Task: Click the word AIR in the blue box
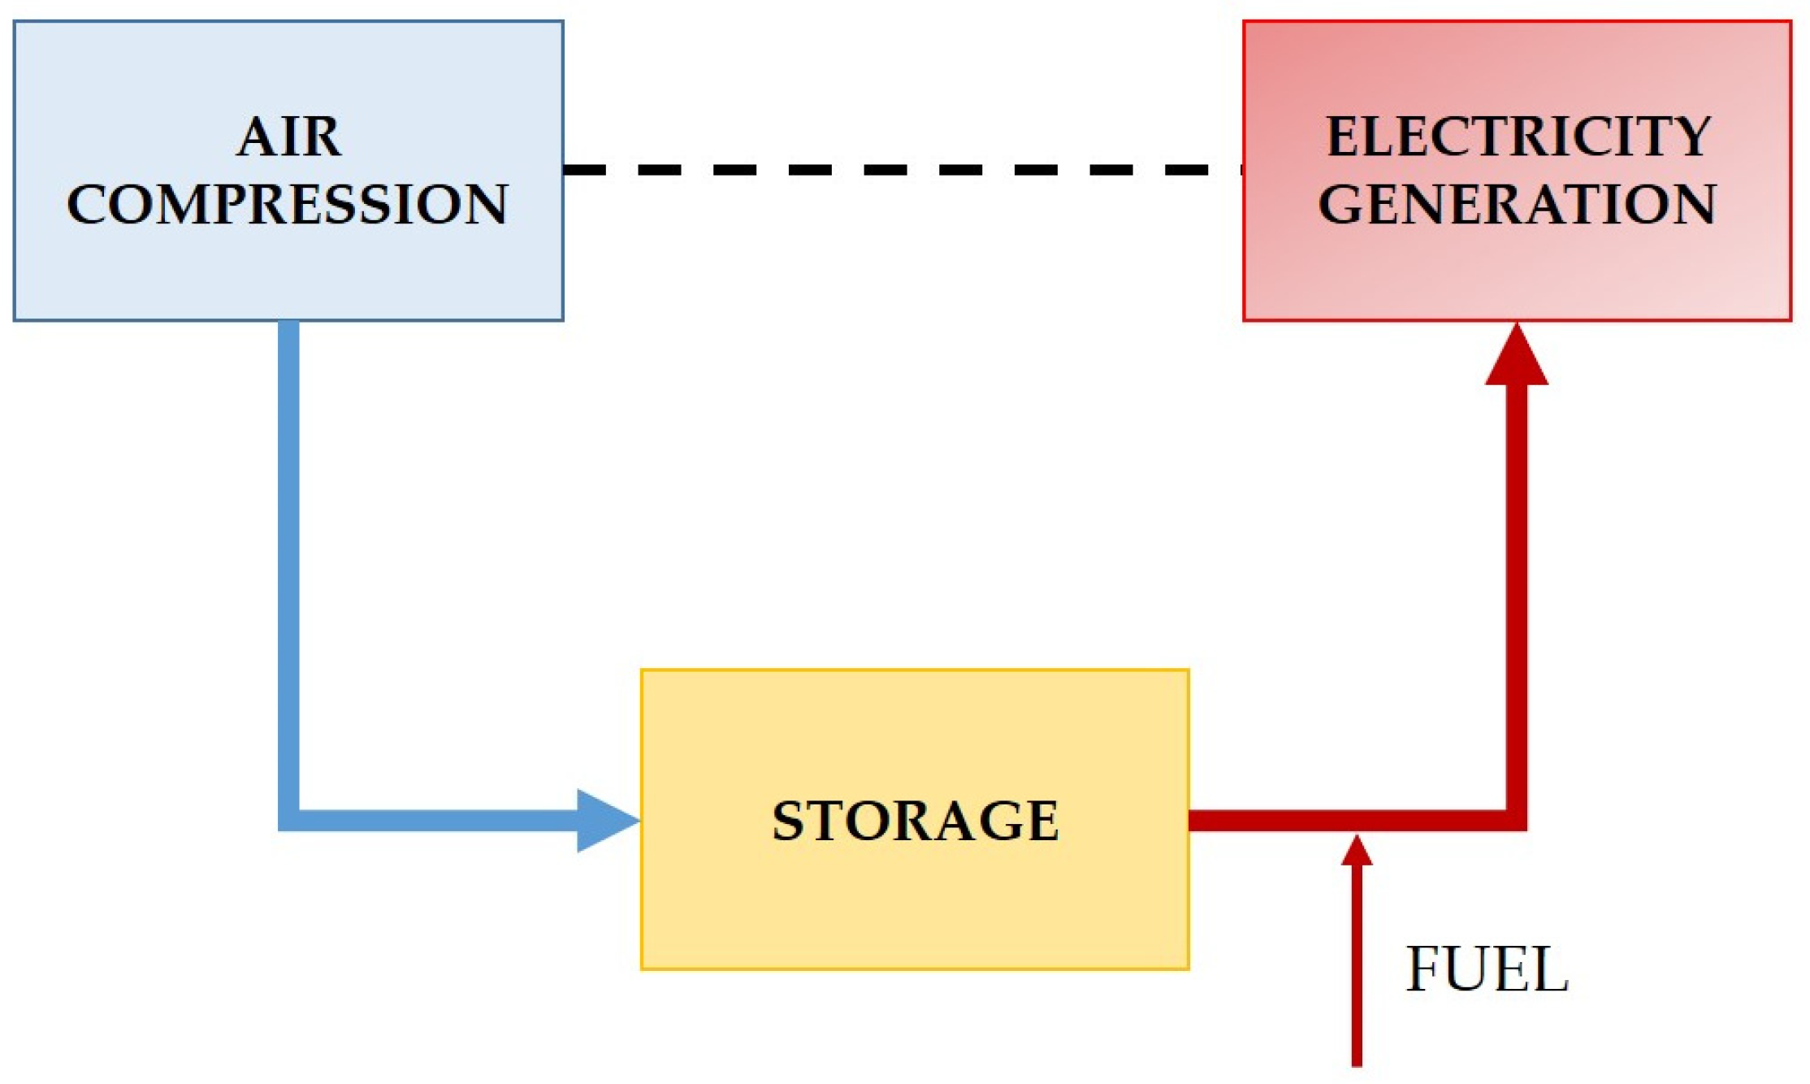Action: [x=288, y=137]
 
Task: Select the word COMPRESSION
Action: [x=288, y=204]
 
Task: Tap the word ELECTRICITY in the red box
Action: [x=1518, y=137]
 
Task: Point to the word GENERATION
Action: [x=1517, y=204]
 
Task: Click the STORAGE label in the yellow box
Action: [x=915, y=821]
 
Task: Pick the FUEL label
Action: [x=1487, y=969]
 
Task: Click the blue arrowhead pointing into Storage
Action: [x=604, y=821]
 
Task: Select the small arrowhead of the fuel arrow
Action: [x=1357, y=852]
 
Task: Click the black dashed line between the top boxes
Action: [x=902, y=170]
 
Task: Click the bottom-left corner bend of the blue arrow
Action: [x=289, y=820]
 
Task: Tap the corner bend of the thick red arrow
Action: [x=1516, y=820]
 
